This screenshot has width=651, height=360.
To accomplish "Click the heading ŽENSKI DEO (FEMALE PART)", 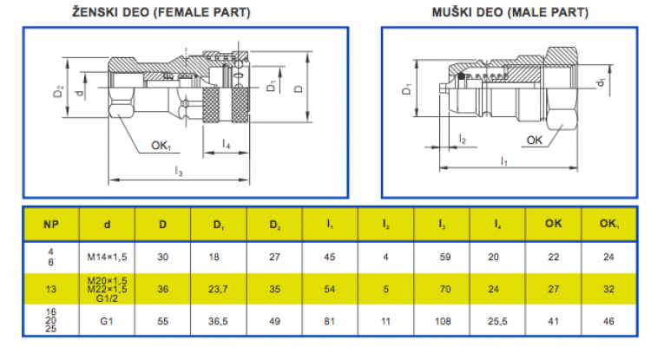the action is point(161,12).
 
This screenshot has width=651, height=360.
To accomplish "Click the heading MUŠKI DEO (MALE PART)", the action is point(510,12).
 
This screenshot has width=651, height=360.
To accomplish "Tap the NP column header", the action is point(51,225).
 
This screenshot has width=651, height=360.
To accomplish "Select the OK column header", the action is point(554,224).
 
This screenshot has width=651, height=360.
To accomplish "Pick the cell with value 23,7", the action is point(218,289).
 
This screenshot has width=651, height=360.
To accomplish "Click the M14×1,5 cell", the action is point(107,257).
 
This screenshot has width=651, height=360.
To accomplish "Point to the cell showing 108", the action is point(443,321).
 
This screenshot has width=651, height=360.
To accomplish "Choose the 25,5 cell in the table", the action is point(497,321).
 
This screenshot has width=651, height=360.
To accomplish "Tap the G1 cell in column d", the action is point(107,321).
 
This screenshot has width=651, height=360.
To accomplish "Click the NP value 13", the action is point(51,289).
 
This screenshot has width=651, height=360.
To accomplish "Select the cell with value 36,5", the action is point(218,321).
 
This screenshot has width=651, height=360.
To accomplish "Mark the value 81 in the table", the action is point(329,321).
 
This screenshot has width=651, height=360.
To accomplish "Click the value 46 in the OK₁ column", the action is point(608,321).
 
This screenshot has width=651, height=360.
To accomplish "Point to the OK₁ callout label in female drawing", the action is point(161,146).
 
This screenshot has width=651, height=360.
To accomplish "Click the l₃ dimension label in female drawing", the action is point(179,171).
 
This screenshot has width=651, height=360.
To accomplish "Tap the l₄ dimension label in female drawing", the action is point(226,144).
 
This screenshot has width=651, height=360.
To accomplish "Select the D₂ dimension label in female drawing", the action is point(58,91).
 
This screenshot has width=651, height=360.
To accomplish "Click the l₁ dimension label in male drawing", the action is point(504,161).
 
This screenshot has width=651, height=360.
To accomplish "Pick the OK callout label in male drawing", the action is point(535,141).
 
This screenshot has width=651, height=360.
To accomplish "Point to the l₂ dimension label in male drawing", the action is point(463,139).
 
